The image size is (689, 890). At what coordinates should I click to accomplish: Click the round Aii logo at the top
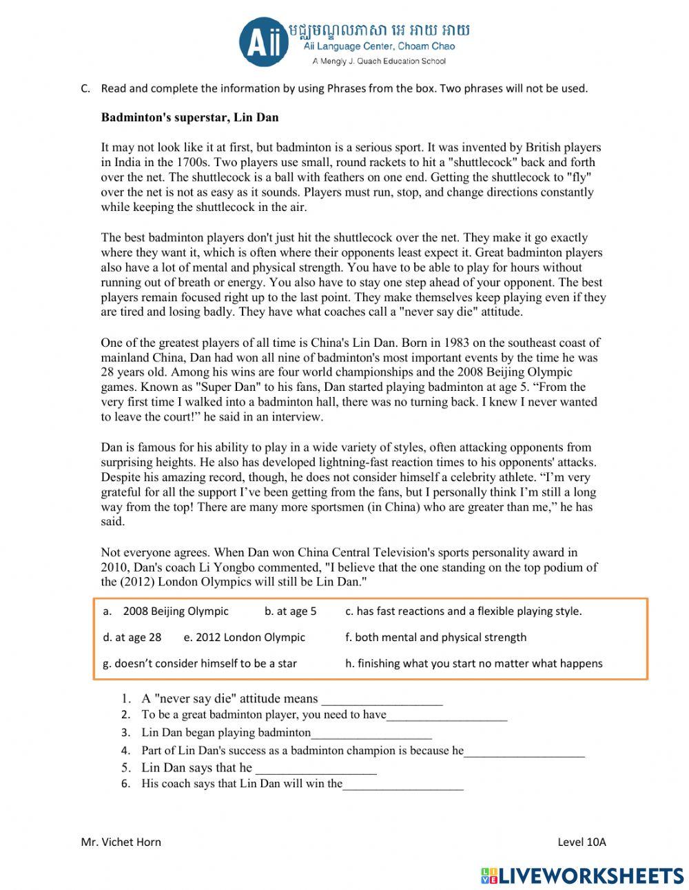[x=264, y=43]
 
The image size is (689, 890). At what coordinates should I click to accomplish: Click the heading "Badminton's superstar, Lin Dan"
[x=189, y=117]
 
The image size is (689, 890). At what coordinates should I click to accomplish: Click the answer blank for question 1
[x=382, y=700]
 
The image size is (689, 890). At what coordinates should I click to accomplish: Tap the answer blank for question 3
[x=371, y=734]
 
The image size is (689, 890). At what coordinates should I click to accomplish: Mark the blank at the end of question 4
[x=524, y=751]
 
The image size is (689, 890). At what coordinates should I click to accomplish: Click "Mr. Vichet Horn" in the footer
[x=121, y=842]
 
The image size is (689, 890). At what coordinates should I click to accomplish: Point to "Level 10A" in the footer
[x=582, y=842]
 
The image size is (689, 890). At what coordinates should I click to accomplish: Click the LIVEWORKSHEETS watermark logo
[x=582, y=876]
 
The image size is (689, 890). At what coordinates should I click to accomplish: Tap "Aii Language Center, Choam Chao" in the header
[x=379, y=47]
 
